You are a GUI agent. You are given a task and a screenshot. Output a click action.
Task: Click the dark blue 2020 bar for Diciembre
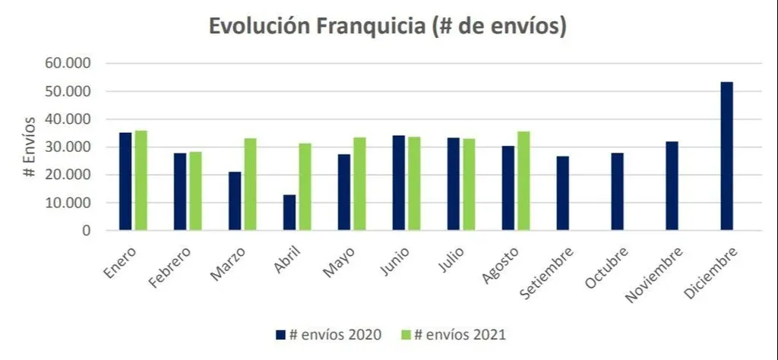726,156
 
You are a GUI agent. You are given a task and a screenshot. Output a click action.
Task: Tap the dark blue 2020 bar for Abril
289,212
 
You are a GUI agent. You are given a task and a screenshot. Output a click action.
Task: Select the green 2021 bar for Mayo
359,183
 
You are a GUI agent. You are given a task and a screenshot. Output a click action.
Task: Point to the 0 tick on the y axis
87,230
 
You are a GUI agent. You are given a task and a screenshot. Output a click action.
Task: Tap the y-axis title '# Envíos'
29,147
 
